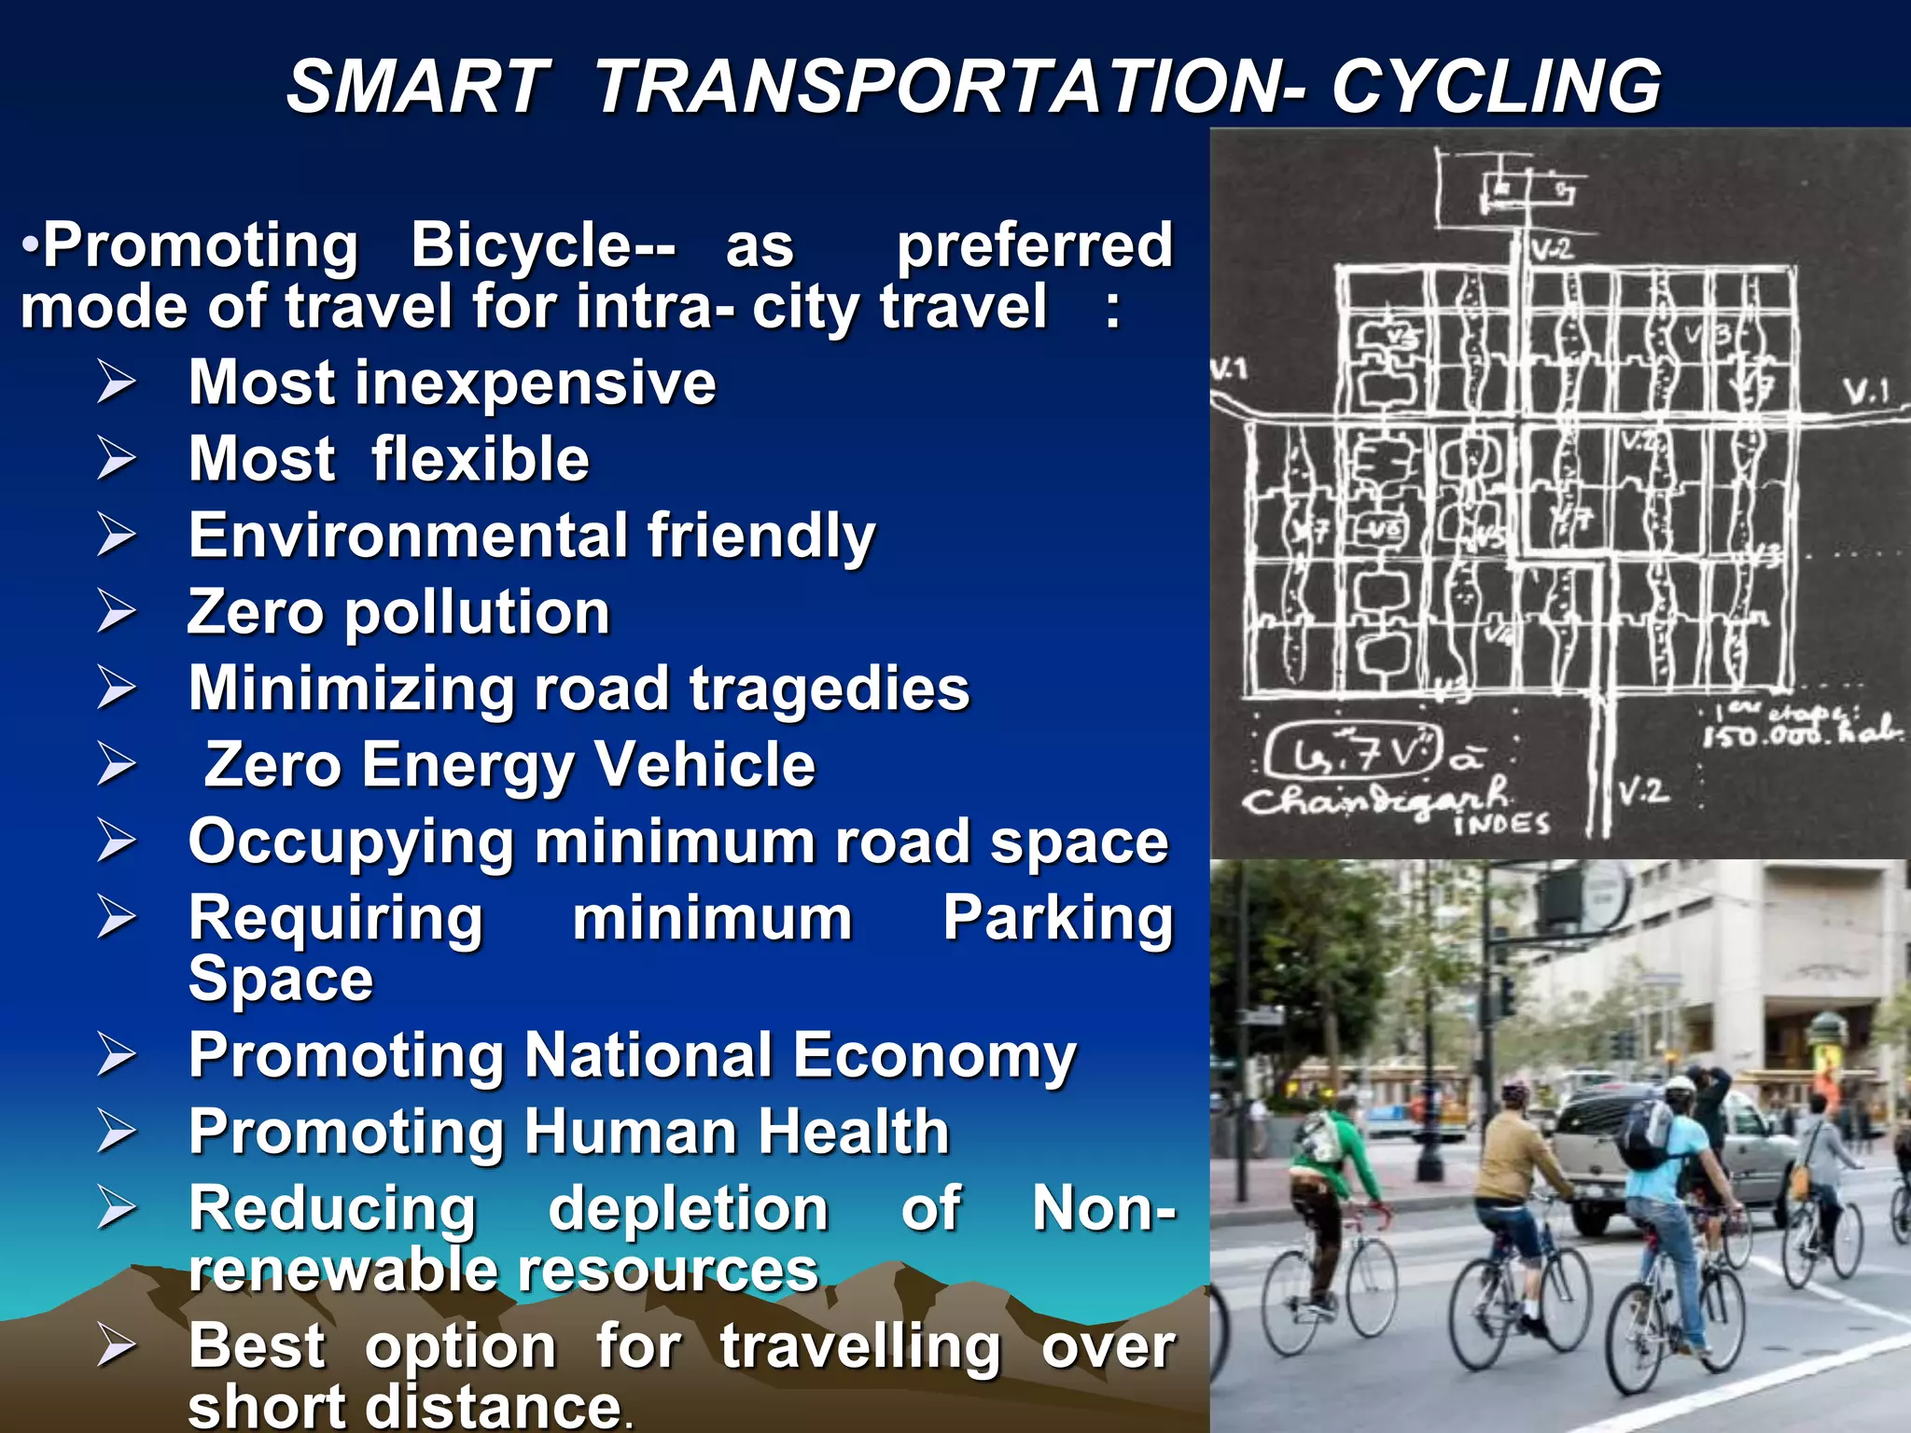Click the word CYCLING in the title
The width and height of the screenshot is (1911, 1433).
1495,87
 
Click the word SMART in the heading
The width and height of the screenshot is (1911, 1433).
417,87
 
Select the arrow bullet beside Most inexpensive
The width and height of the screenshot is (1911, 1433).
117,383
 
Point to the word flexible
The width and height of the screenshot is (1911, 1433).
480,459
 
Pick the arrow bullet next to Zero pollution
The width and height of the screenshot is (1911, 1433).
117,612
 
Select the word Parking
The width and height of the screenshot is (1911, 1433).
1057,918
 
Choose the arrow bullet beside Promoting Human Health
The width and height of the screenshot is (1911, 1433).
117,1132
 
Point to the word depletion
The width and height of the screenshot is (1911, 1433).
688,1208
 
